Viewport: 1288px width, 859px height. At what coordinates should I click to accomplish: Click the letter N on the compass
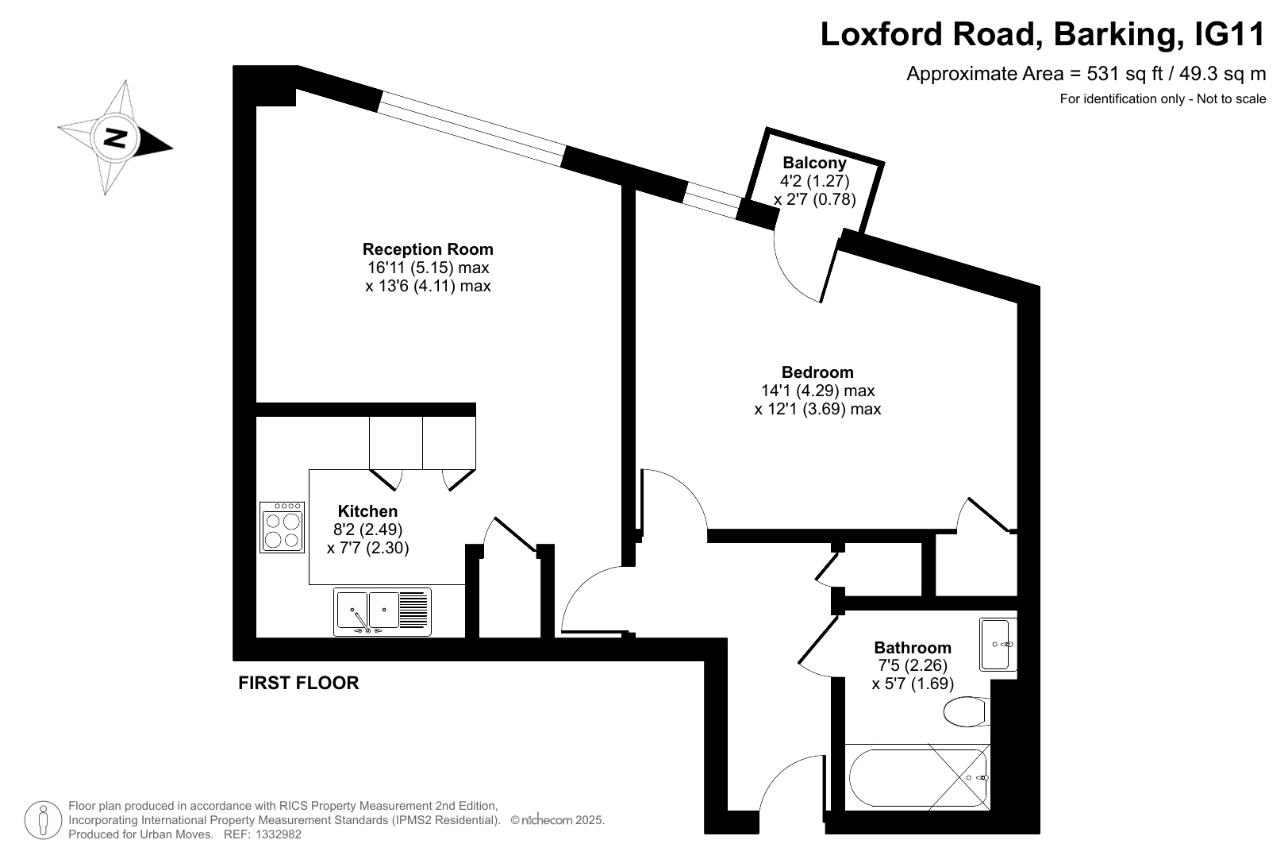coord(116,138)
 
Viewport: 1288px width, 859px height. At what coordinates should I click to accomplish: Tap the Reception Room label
coord(428,249)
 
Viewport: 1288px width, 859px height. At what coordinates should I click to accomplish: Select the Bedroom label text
coord(817,372)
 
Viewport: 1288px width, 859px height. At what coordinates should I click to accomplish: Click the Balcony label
coord(814,163)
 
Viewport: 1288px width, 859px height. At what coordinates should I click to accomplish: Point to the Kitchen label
coord(367,511)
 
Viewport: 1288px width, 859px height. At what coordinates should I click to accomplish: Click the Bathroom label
coord(913,647)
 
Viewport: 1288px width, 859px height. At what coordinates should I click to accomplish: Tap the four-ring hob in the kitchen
coord(282,527)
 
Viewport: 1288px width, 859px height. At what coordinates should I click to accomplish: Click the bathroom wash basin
coord(998,645)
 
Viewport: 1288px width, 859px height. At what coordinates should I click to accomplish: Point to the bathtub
coord(917,777)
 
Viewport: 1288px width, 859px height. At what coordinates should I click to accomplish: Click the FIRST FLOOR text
coord(298,683)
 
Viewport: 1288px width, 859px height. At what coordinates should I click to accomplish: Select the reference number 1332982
coord(279,834)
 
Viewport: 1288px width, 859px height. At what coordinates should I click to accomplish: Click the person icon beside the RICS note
coord(43,820)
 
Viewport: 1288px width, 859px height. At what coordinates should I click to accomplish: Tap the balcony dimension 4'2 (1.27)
coord(814,181)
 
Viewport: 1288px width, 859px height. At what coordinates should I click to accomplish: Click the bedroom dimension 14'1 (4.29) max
coord(817,391)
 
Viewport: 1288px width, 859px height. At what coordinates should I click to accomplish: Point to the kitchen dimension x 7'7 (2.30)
coord(368,548)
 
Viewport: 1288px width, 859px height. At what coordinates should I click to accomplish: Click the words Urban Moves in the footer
coord(183,834)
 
